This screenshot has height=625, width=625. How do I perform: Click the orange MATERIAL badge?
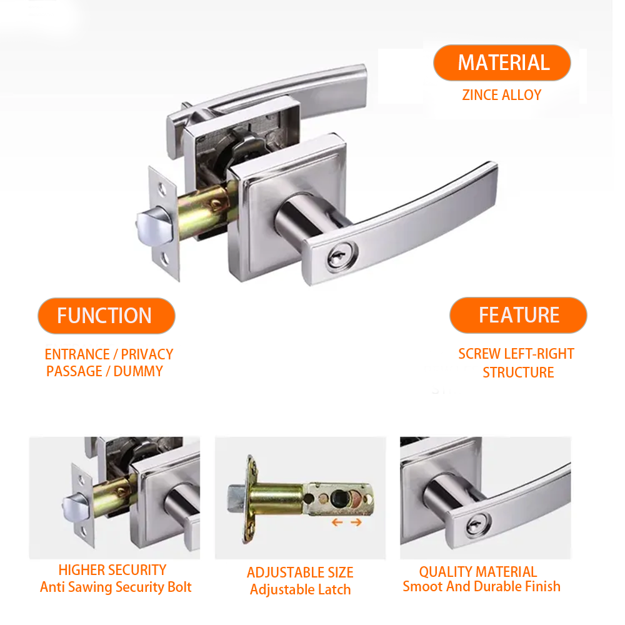pyautogui.click(x=502, y=62)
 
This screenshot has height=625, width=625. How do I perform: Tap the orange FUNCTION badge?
pyautogui.click(x=106, y=315)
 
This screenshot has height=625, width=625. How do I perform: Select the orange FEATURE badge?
pyautogui.click(x=518, y=315)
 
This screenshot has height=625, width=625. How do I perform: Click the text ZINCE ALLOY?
pyautogui.click(x=502, y=95)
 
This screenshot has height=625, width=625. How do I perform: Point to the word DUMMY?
pyautogui.click(x=138, y=371)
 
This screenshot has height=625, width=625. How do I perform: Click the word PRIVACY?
pyautogui.click(x=147, y=354)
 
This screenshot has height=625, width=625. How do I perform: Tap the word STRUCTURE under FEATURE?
pyautogui.click(x=518, y=372)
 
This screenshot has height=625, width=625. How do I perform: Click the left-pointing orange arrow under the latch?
pyautogui.click(x=337, y=522)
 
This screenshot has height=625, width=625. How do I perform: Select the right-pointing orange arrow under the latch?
pyautogui.click(x=356, y=522)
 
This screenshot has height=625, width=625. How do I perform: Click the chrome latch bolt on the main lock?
pyautogui.click(x=154, y=226)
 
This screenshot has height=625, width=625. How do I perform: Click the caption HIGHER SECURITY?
pyautogui.click(x=112, y=570)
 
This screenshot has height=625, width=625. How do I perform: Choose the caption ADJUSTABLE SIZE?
pyautogui.click(x=300, y=572)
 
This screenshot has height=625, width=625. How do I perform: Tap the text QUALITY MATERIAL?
pyautogui.click(x=478, y=572)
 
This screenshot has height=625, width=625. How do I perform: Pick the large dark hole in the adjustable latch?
pyautogui.click(x=339, y=497)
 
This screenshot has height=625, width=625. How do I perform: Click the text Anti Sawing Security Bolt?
pyautogui.click(x=116, y=587)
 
